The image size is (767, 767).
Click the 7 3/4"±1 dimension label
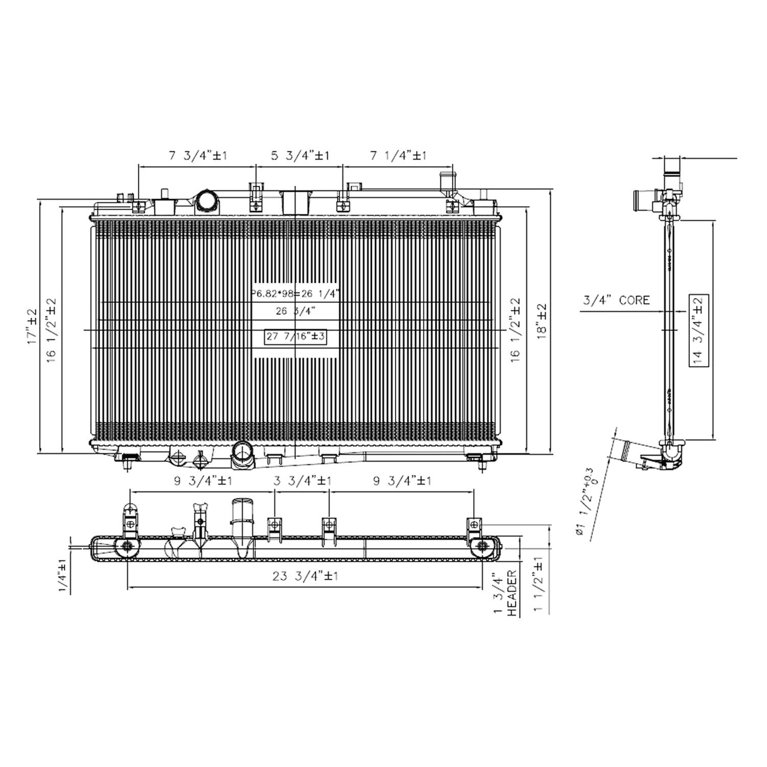198,155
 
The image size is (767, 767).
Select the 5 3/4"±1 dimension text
300,155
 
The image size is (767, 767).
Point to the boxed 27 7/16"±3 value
295,336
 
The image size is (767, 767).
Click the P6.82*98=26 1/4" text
295,294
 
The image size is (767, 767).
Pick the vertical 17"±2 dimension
32,326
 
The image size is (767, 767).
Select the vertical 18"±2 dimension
542,326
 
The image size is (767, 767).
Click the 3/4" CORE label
616,300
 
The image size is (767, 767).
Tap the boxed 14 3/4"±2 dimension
698,330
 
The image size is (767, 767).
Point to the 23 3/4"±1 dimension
305,576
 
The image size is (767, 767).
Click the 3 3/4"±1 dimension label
302,481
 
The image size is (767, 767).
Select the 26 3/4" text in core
295,310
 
